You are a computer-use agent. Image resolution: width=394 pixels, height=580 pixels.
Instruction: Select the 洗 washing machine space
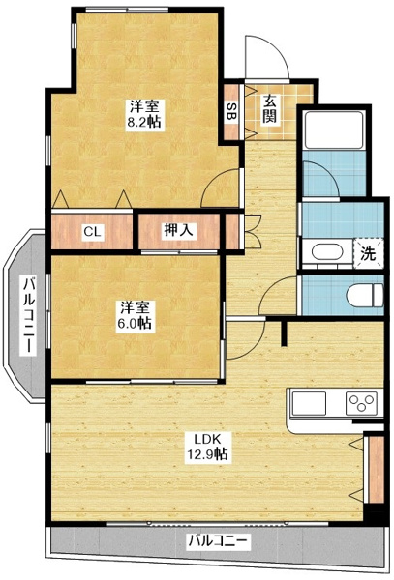367,254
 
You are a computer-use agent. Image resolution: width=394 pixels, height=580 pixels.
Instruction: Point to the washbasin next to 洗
324,254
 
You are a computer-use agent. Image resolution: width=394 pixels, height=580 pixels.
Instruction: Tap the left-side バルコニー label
30,314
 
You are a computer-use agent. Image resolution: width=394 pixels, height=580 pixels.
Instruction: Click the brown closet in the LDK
369,467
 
